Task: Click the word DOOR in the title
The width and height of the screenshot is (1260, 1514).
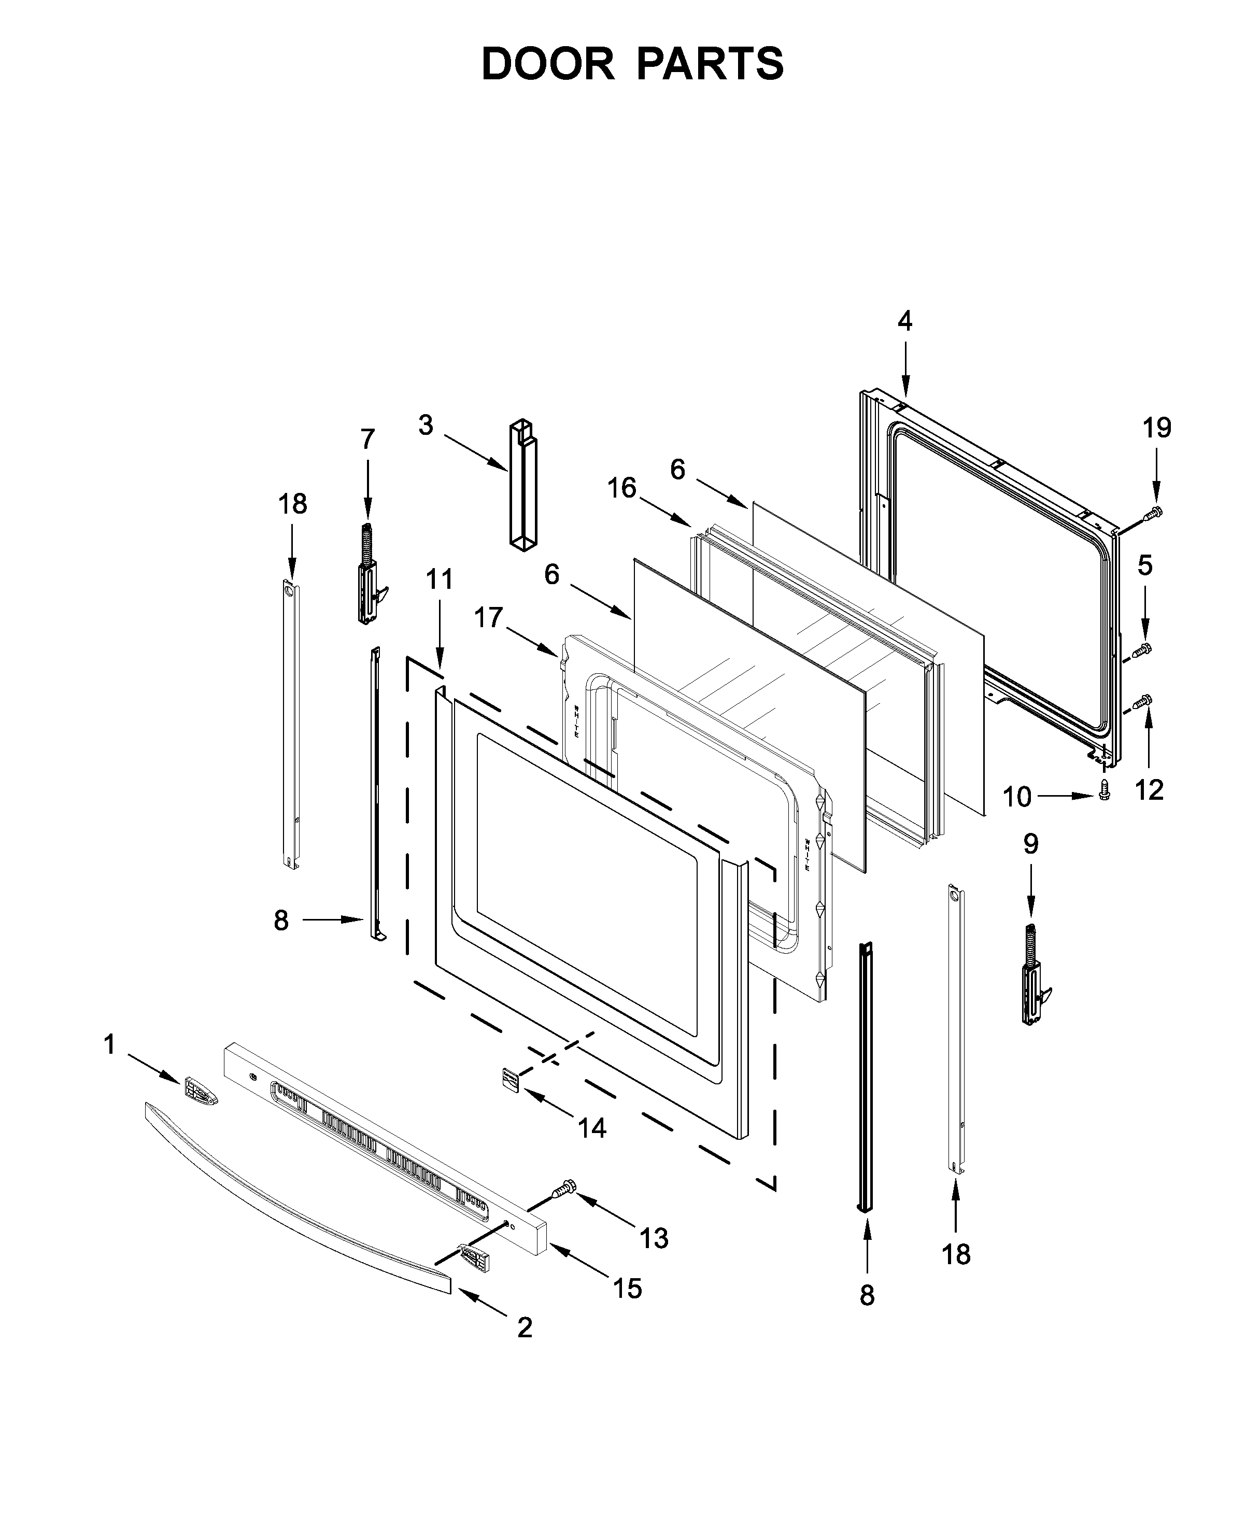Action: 548,64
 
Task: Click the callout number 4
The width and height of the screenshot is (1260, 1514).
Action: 904,321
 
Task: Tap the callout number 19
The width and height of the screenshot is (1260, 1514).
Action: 1156,428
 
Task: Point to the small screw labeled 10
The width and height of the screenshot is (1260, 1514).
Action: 1103,793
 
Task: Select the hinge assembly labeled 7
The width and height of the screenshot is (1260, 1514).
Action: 369,577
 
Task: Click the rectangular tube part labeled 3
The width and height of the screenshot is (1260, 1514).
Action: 523,487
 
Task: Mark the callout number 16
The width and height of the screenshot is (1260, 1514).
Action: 621,488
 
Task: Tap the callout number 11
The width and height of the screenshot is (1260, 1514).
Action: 439,579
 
